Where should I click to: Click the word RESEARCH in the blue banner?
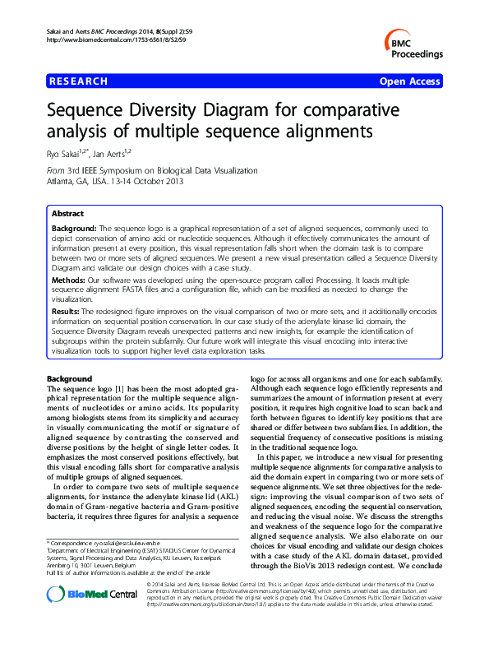pos(79,81)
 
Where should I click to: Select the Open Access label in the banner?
pos(410,81)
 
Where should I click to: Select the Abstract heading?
pos(67,212)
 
